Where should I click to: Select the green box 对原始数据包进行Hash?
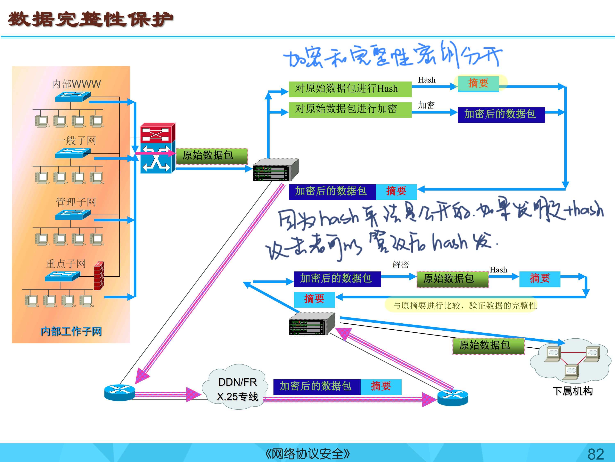pos(350,89)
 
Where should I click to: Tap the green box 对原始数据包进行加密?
pos(350,109)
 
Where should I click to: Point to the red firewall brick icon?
pos(99,276)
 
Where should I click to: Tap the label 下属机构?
pos(572,391)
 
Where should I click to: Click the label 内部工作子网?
pos(71,331)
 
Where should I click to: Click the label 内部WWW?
pos(76,84)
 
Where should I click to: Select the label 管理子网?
pos(76,202)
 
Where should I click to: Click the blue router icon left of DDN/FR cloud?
pos(120,392)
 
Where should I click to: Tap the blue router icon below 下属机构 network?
pos(452,398)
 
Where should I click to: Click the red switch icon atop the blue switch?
pos(157,133)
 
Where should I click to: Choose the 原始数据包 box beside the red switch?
pos(212,156)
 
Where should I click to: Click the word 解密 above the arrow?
pos(400,264)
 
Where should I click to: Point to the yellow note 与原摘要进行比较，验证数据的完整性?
pos(464,306)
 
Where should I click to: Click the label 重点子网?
pos(66,263)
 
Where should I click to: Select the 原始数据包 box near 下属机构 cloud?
pos(488,346)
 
